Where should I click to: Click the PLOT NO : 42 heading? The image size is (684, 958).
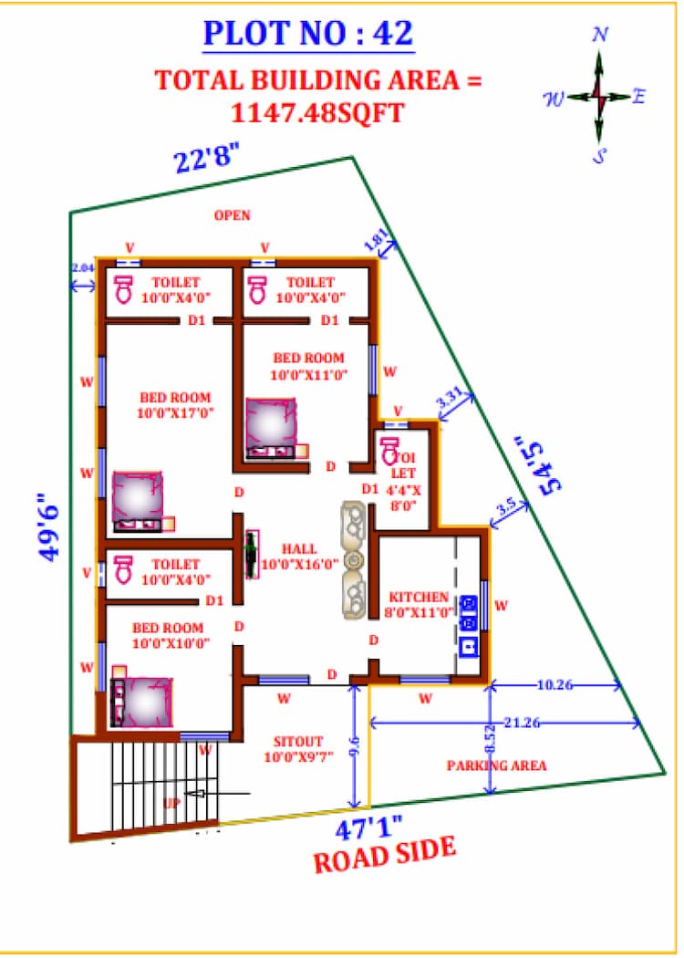tap(308, 33)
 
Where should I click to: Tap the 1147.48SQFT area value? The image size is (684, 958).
tap(317, 112)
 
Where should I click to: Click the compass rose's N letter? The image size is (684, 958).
tap(600, 35)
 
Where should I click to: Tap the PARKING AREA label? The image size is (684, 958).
tap(496, 765)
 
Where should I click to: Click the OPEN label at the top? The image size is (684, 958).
tap(232, 215)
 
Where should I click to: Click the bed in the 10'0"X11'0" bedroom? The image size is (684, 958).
tap(272, 425)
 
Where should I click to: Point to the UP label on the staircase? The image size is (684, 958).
tap(171, 803)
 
